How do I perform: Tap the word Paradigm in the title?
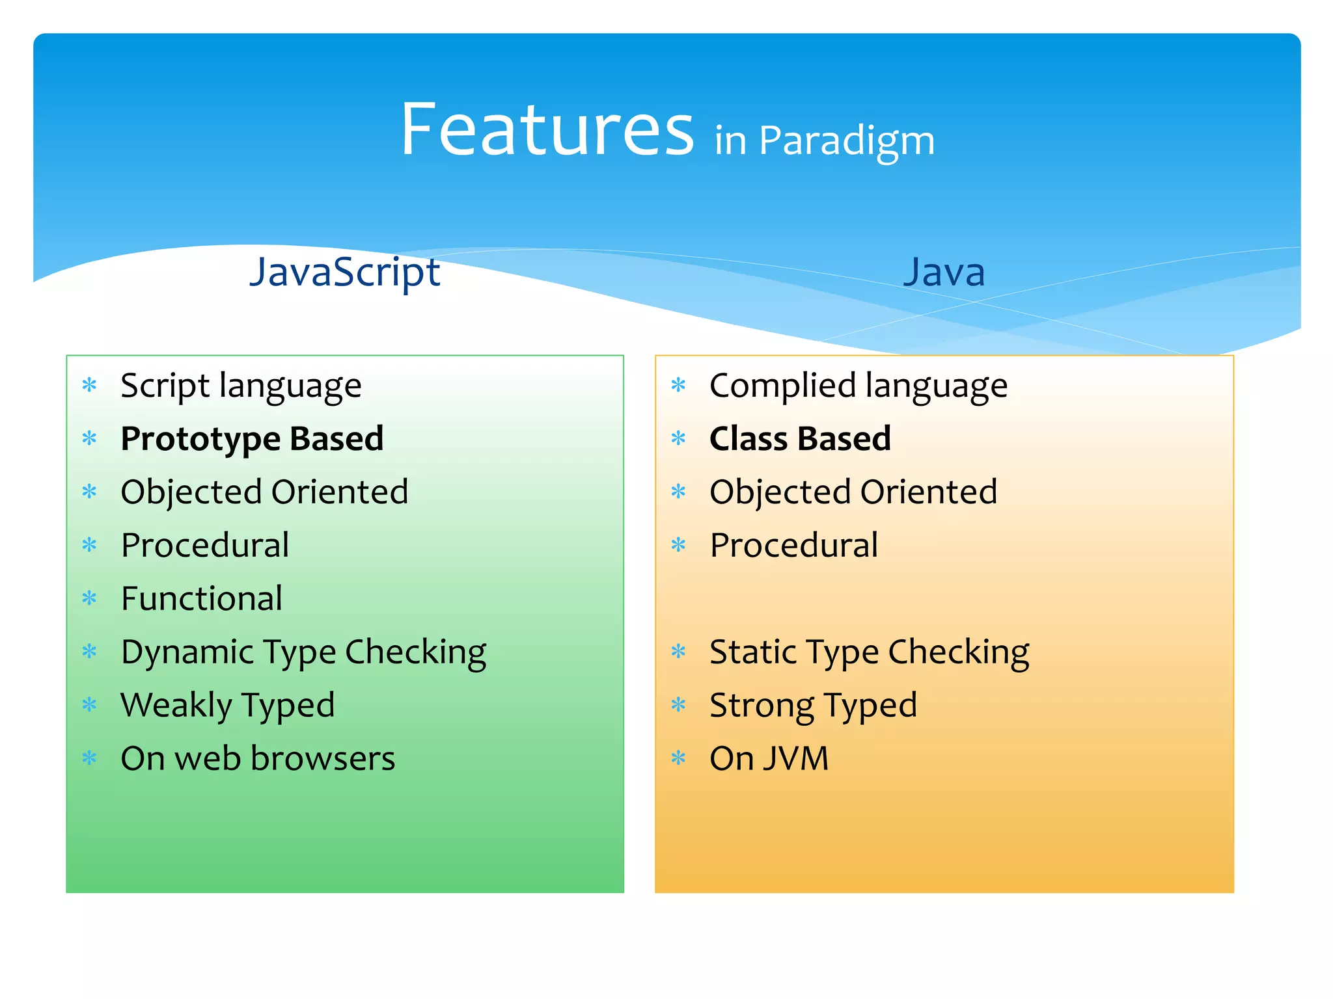click(x=846, y=140)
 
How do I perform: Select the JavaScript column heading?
click(x=345, y=271)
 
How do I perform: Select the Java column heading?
click(x=944, y=272)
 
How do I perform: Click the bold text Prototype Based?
click(x=252, y=438)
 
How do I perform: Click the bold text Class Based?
click(x=800, y=438)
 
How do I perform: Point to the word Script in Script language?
click(x=165, y=386)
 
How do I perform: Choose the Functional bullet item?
click(x=202, y=598)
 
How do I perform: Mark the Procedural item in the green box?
click(x=205, y=545)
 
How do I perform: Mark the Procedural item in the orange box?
click(x=793, y=545)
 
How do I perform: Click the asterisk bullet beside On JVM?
click(x=678, y=758)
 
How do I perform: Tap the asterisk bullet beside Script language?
click(x=89, y=385)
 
